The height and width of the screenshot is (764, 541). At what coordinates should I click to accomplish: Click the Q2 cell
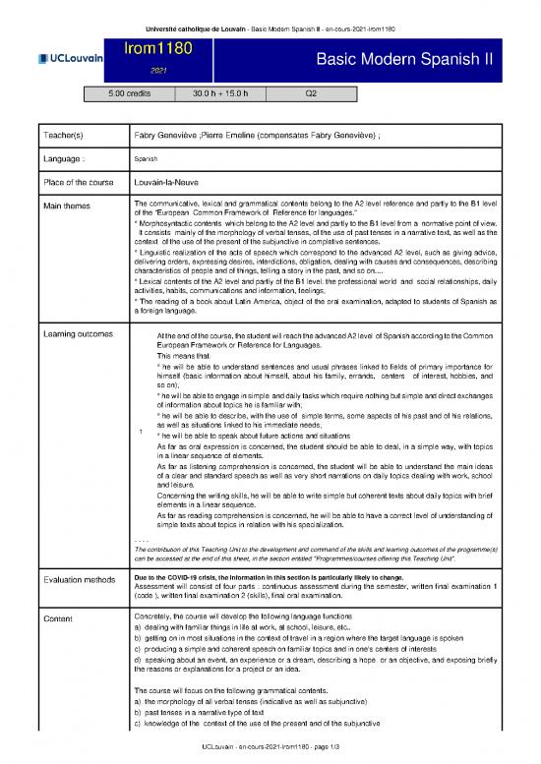point(307,94)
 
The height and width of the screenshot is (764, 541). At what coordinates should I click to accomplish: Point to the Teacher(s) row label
point(61,133)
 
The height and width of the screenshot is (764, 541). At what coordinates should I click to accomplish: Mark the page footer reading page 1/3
point(270,752)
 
